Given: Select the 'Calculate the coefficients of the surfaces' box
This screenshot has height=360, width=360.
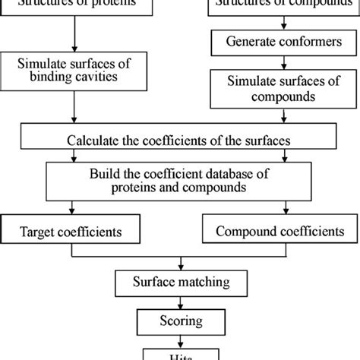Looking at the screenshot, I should pos(178,140).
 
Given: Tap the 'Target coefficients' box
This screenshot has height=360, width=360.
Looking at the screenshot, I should pos(74,228).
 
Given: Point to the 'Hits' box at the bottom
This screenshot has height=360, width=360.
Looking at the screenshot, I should pos(179,353).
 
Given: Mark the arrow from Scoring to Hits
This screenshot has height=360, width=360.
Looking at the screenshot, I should pos(179,338).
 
